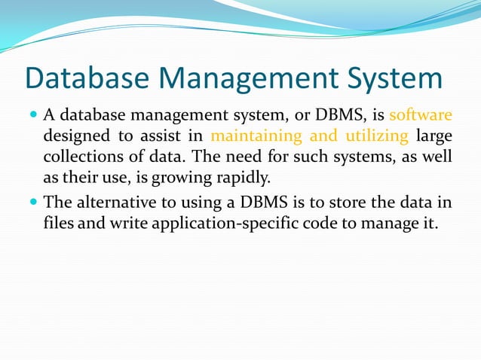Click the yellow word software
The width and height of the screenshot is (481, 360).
click(421, 116)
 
